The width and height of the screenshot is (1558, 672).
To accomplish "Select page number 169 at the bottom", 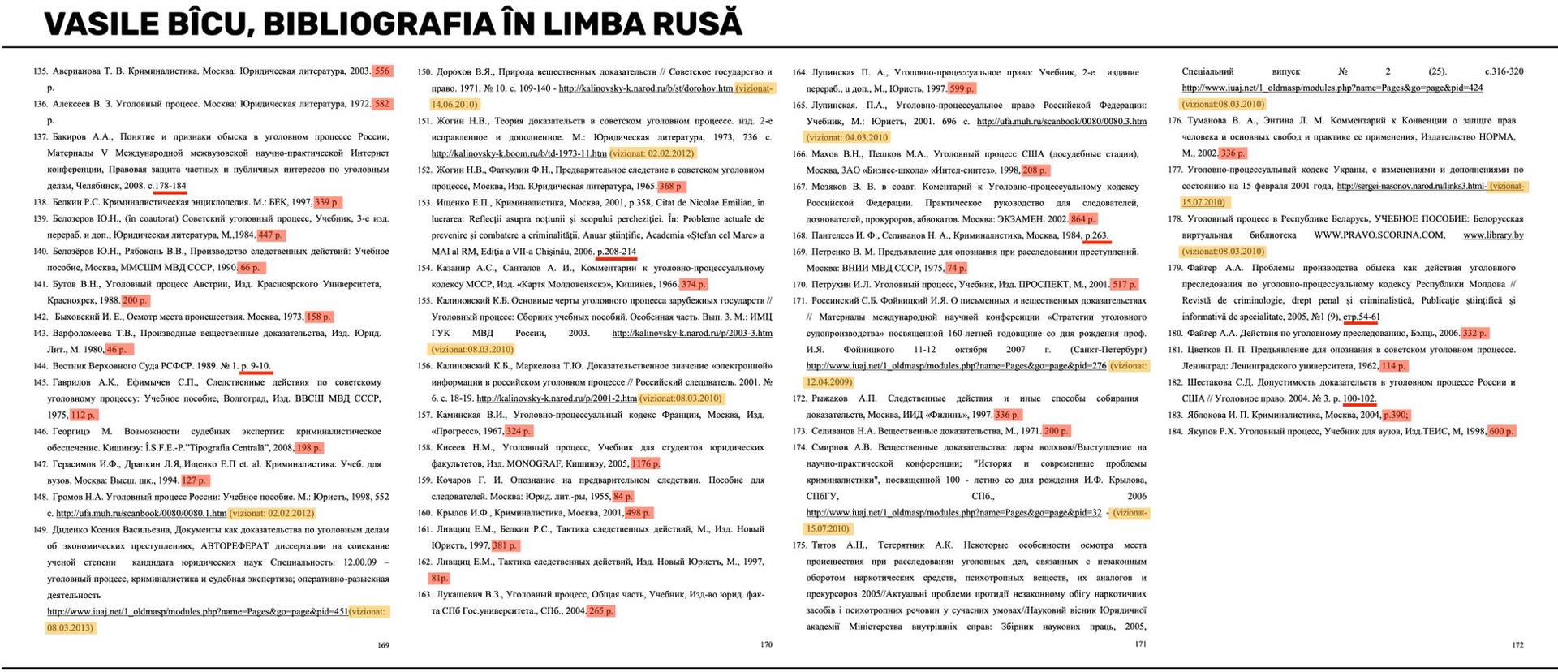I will (x=384, y=645).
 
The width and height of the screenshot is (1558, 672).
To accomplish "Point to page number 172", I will (x=1517, y=645).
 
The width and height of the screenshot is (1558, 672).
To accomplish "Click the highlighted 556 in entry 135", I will (x=381, y=71).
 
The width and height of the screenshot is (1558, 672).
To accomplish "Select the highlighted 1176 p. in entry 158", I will (x=645, y=463).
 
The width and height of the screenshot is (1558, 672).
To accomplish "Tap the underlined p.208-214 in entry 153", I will (x=616, y=252).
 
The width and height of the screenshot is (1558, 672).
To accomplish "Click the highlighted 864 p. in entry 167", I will (x=1082, y=219).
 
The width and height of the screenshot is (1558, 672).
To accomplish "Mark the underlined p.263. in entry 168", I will (x=1096, y=235).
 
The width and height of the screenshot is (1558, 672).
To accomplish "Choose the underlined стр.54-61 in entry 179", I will (x=1361, y=317).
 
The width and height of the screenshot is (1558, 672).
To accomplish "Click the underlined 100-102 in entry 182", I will (x=1359, y=398).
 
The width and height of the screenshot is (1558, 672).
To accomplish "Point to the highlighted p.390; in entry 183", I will (x=1397, y=415).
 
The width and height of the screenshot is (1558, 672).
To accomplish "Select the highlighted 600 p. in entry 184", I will (x=1500, y=431).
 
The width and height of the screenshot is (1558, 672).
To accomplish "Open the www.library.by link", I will (x=1493, y=235).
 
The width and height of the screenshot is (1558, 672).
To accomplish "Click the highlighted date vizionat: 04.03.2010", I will (x=847, y=137).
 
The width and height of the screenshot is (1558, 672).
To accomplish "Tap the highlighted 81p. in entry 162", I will (x=439, y=578).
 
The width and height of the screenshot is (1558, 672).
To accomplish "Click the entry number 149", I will (x=40, y=529).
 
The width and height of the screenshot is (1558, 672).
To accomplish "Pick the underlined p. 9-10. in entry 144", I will (x=256, y=366).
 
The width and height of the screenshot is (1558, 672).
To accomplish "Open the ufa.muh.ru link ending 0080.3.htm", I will (x=1061, y=121).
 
